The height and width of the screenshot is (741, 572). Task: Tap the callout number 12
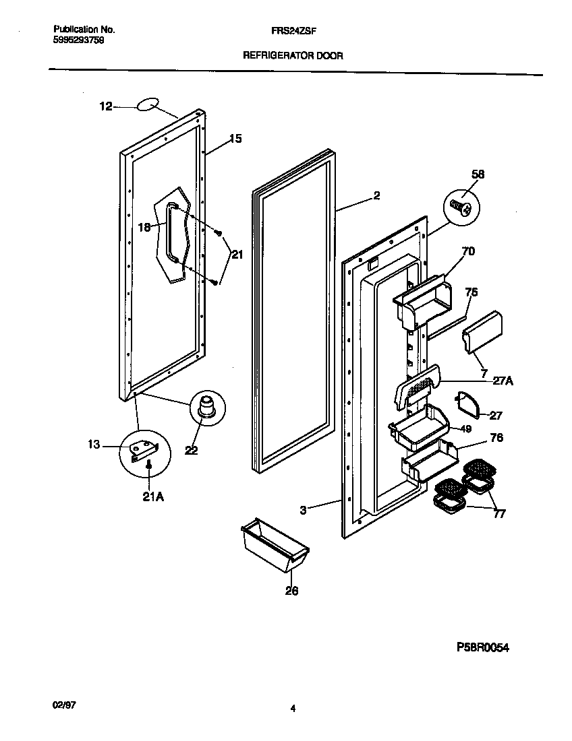105,106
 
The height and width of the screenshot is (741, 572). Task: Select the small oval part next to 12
148,104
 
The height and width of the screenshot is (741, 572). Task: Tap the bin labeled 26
274,543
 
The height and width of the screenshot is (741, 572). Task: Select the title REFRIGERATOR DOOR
293,56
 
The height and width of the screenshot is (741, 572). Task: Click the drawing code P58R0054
481,648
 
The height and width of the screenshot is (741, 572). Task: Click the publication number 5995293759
78,40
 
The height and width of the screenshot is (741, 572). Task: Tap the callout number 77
499,514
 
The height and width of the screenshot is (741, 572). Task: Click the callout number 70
468,252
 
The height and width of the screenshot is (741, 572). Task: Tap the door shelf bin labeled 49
418,429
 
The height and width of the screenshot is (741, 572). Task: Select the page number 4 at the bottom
292,708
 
